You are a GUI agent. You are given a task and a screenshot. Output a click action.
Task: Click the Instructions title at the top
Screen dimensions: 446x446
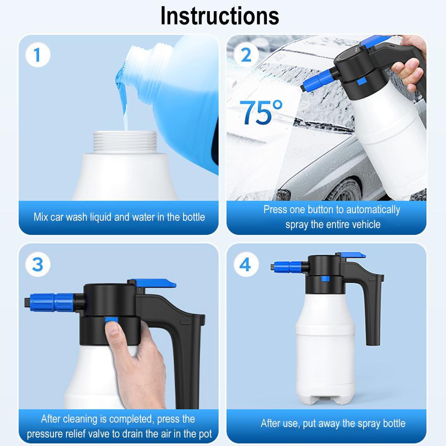(x=220, y=16)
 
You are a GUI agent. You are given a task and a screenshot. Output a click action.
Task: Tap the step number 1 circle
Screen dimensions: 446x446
(x=37, y=56)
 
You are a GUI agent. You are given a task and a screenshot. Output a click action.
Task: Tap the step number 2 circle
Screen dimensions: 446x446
(x=246, y=55)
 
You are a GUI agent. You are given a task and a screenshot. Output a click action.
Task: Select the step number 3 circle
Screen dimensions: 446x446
(x=37, y=264)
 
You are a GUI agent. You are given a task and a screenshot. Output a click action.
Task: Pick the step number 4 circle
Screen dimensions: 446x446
(x=245, y=264)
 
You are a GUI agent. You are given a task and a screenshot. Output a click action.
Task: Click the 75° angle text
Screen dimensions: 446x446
(x=261, y=113)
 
